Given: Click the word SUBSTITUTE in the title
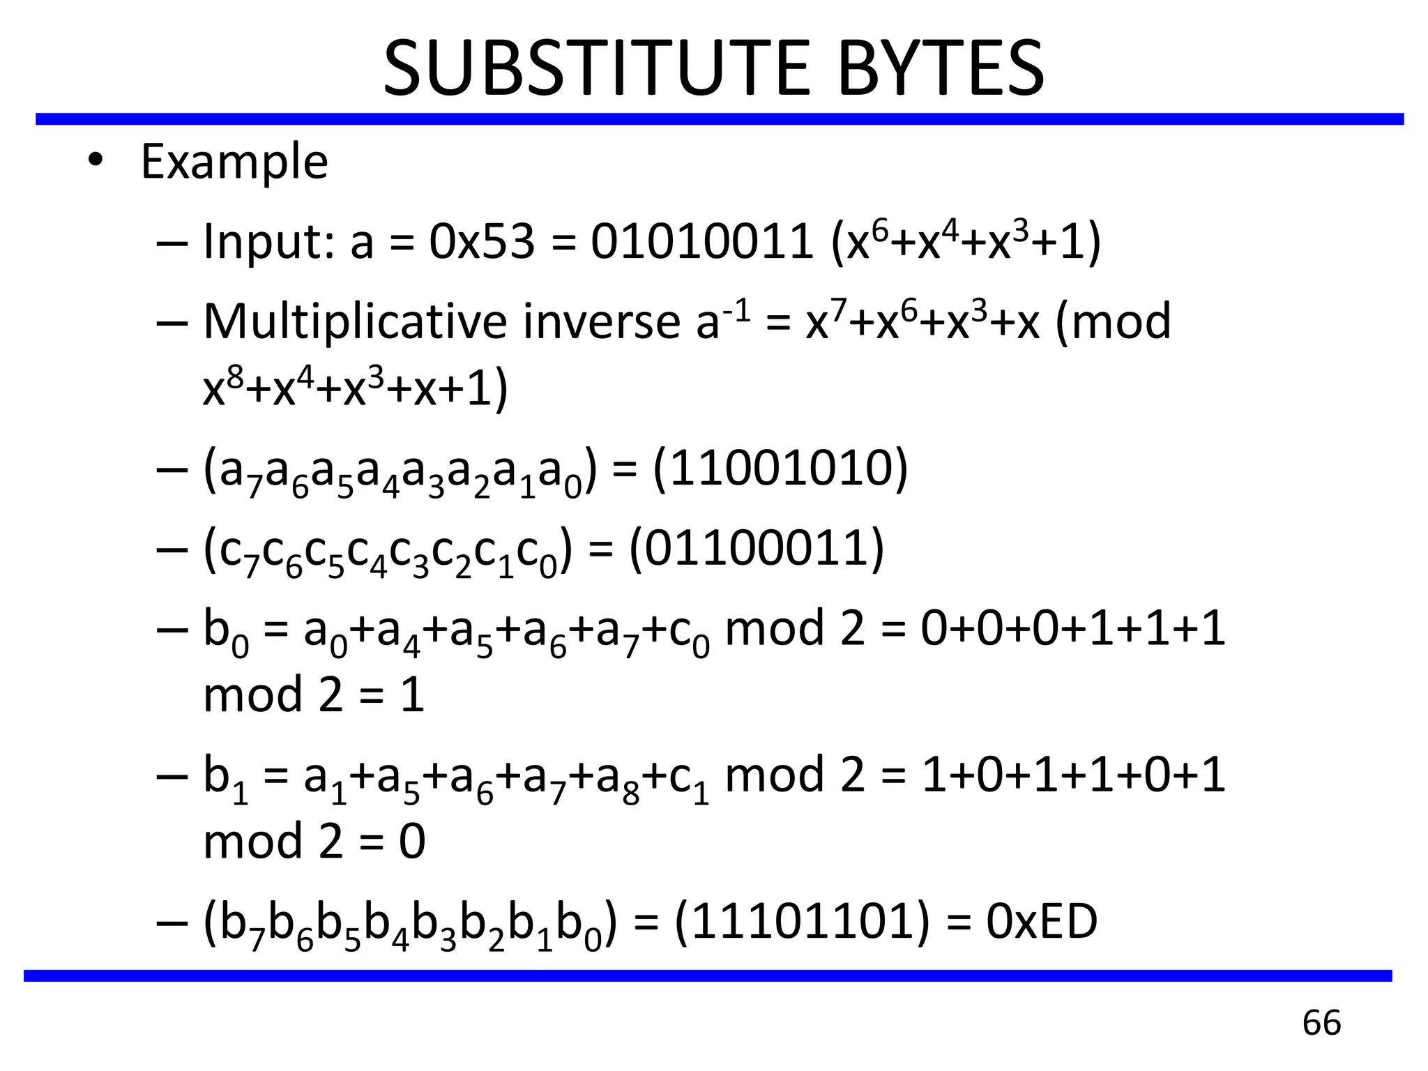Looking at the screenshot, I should [597, 68].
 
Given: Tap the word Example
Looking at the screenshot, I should [234, 162].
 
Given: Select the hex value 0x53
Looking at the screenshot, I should [482, 242].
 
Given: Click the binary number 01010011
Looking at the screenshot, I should [701, 242].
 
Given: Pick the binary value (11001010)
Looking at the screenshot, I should [780, 469].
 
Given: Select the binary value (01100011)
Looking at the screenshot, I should [757, 549].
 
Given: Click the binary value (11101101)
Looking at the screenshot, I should [803, 921].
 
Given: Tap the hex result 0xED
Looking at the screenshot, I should [1042, 921].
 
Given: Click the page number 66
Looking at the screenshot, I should [1321, 1023].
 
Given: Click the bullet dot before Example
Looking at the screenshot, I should [96, 162].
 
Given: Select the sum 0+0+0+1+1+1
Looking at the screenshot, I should [1073, 628].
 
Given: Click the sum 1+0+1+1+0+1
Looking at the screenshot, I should [1073, 775].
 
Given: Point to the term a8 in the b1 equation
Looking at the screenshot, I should [618, 780].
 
